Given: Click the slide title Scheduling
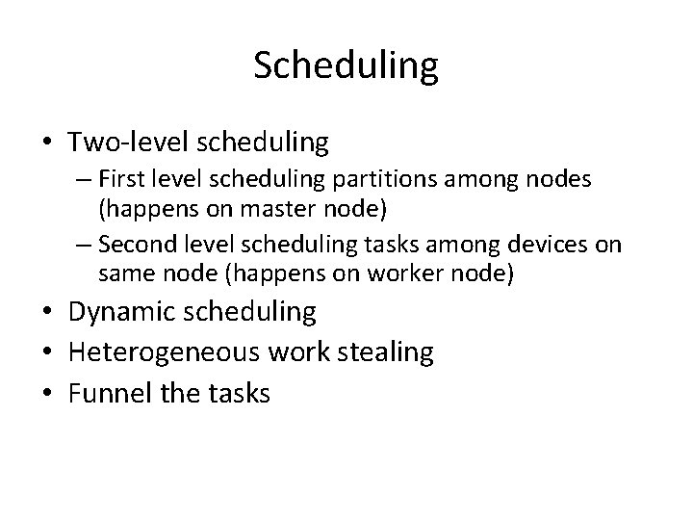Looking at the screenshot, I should click(x=346, y=66).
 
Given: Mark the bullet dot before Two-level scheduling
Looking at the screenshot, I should click(x=46, y=144).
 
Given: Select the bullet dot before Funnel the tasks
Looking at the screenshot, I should click(x=46, y=394).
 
